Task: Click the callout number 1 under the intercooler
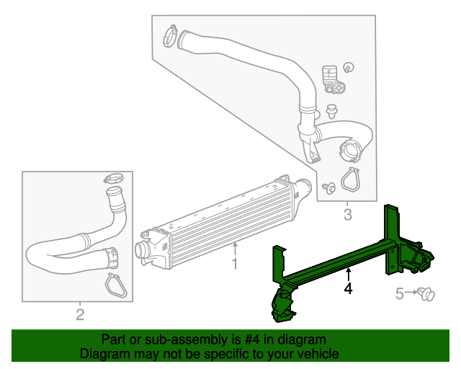coord(234,264)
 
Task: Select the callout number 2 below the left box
coord(80,314)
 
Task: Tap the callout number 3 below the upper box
coord(347,214)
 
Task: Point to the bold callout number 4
coord(348,288)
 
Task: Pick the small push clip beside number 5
coord(429,293)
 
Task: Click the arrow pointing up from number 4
coord(348,274)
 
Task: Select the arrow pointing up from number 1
coord(234,249)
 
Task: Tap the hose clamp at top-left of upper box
coord(170,34)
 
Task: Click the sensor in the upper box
coord(331,79)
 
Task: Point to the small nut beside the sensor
coord(349,68)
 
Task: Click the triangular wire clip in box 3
coord(350,180)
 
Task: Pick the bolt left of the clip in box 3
coord(328,187)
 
